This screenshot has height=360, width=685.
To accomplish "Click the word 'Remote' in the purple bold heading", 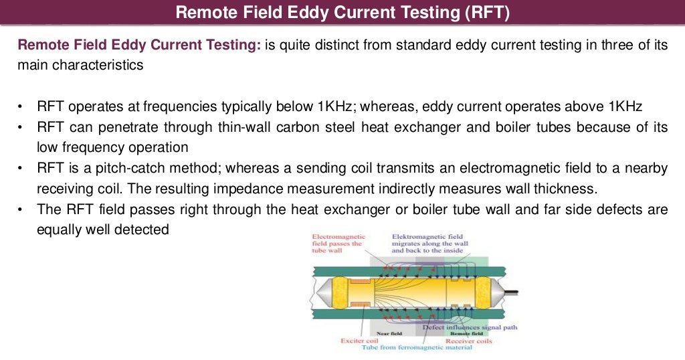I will [x=39, y=46].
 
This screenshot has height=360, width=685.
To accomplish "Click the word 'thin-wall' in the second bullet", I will [x=244, y=127].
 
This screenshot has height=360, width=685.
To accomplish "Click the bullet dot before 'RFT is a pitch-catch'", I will [x=21, y=169].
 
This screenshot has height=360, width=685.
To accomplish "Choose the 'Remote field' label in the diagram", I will [x=466, y=333].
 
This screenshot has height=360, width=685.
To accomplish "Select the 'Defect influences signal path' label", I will [x=470, y=327].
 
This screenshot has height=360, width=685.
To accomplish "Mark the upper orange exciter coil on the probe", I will [x=359, y=281].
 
